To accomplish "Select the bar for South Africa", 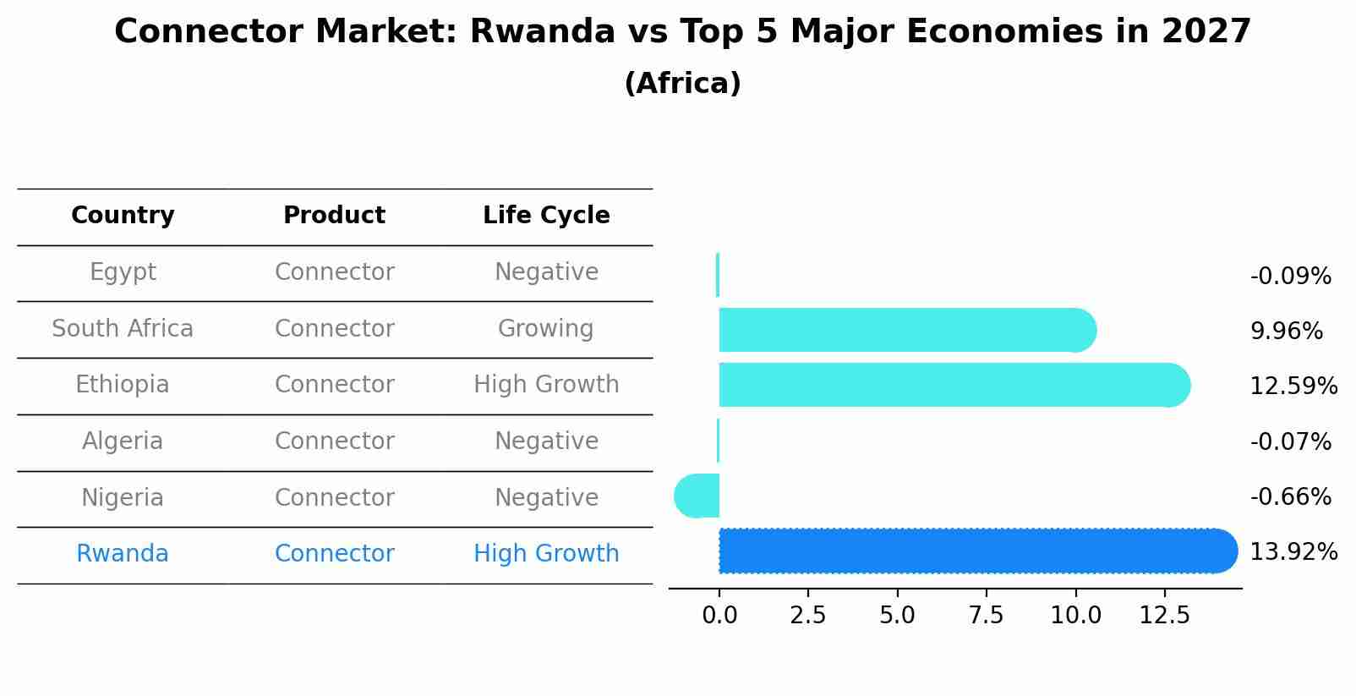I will pos(905,330).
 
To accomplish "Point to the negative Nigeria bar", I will pos(698,496).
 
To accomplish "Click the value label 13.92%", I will pos(1293,552).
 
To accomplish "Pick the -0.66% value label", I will pos(1290,496).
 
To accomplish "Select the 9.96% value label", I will pos(1286,331).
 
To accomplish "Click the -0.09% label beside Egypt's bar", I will pos(1290,277).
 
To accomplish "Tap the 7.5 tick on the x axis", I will pos(986,616).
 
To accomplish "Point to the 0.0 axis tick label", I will pos(719,616).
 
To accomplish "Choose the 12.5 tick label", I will pos(1164,616).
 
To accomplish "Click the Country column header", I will pos(123,216).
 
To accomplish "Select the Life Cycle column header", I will pos(546,216).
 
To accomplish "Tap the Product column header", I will pos(334,216).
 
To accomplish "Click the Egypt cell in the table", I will pos(123,272).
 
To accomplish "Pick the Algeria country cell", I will pos(123,441).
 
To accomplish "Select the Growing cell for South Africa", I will pos(545,328).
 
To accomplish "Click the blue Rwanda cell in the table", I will pos(123,554).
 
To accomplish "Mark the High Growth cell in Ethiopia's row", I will pos(546,385).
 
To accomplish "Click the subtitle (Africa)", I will pos(682,84).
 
